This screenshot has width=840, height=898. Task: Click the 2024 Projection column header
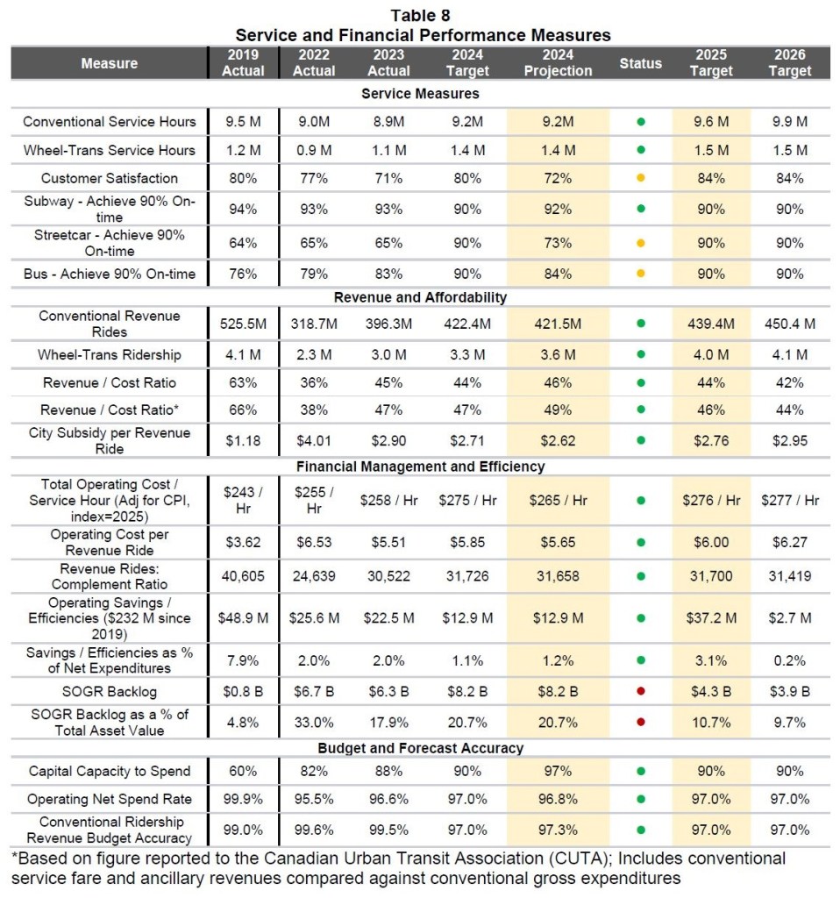pos(558,62)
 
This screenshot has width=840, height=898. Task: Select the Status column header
pos(640,63)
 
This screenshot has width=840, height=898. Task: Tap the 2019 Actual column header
pos(243,62)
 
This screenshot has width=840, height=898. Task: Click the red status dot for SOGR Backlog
pos(641,691)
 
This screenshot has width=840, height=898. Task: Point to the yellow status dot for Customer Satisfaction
pos(641,178)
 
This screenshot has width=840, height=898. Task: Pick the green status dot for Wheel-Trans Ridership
pos(641,354)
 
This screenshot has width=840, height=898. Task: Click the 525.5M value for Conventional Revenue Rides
pos(243,324)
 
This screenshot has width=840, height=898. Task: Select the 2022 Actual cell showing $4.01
pos(314,440)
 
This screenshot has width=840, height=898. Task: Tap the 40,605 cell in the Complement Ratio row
pos(243,576)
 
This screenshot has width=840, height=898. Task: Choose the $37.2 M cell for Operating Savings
pos(711,617)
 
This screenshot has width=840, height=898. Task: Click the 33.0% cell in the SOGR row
pos(314,722)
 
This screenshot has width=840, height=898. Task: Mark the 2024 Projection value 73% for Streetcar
pos(558,242)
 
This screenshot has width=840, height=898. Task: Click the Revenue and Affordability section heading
pos(420,297)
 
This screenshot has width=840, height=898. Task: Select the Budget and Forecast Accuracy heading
pos(420,748)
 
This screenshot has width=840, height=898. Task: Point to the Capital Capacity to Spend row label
pos(109,771)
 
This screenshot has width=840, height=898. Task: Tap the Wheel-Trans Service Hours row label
pos(109,150)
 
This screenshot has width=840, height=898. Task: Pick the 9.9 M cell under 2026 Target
pos(789,122)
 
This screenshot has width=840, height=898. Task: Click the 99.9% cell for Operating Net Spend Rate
pos(243,800)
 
